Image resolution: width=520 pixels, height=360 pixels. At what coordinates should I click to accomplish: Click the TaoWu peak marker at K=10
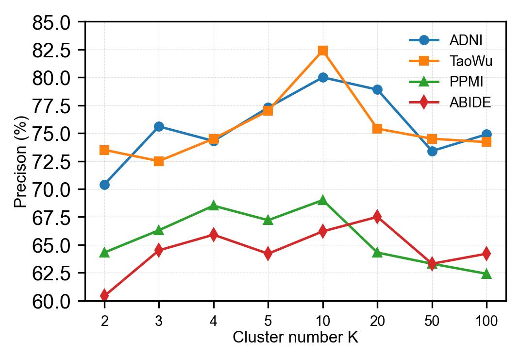[322, 51]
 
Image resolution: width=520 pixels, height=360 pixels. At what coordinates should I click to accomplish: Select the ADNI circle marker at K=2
[104, 185]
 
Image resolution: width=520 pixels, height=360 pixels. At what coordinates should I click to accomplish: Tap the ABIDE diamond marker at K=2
[104, 295]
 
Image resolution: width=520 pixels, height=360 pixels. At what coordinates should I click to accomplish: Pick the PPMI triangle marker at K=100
[486, 274]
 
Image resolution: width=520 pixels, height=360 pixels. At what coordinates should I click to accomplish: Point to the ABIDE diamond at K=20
[377, 217]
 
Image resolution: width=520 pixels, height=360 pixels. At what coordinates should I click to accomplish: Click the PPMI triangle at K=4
[214, 206]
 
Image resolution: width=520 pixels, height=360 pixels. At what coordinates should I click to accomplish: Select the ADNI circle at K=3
[159, 126]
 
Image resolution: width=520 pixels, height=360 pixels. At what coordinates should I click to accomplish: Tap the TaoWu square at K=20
[377, 129]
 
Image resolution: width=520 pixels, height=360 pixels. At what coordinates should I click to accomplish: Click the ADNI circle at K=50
[432, 151]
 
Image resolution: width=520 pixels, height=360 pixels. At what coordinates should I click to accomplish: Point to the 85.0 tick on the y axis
[51, 22]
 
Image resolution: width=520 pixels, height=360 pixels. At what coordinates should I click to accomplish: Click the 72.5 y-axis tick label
[51, 162]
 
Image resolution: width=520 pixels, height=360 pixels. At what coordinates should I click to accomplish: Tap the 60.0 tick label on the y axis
[51, 301]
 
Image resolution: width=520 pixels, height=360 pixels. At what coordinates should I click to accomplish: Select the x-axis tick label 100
[486, 321]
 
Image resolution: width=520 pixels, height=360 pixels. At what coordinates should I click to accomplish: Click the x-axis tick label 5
[268, 321]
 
